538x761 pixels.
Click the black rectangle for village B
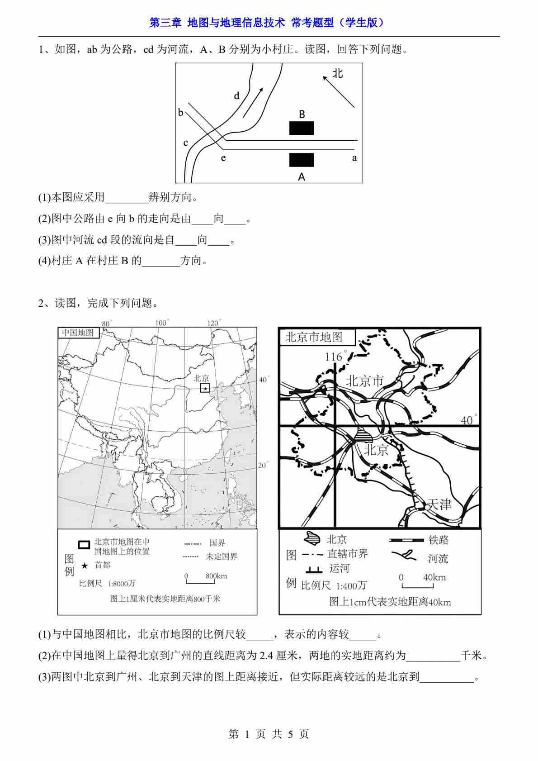(x=302, y=128)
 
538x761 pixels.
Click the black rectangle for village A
(x=302, y=160)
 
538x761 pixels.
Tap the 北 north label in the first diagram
(x=338, y=73)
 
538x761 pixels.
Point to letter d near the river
(x=236, y=96)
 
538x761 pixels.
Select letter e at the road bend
(x=223, y=158)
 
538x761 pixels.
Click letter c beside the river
(x=185, y=143)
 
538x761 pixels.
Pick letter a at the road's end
(x=354, y=158)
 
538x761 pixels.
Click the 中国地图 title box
(x=78, y=333)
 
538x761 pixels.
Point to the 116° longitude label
(x=334, y=357)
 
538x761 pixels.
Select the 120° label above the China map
(x=213, y=323)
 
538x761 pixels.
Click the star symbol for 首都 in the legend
(x=84, y=566)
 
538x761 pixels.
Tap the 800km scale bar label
(x=216, y=576)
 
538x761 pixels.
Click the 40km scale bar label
(x=434, y=577)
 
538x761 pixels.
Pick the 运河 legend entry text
(x=340, y=568)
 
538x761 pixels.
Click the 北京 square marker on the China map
(x=205, y=388)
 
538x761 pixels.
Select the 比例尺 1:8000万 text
(x=107, y=584)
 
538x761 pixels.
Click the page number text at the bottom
(x=269, y=734)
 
